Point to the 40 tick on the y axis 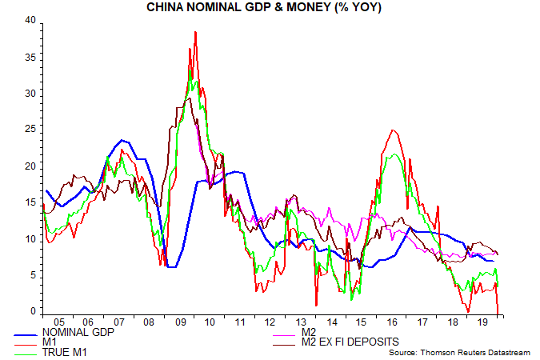tap(32, 20)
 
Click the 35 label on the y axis tap(32, 57)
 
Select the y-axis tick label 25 tap(32, 130)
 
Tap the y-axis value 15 tap(32, 202)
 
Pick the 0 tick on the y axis tap(34, 311)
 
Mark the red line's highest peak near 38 tap(195, 32)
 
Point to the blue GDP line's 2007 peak tap(122, 140)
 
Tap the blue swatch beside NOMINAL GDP tap(28, 331)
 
